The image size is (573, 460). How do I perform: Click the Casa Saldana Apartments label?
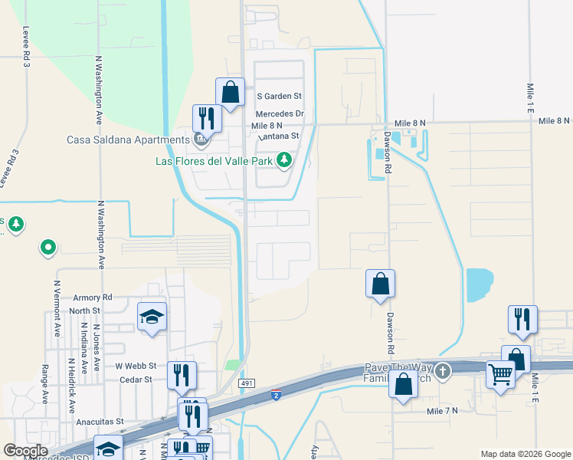128,140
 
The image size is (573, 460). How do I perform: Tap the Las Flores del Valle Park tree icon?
284,160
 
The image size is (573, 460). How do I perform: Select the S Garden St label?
280,97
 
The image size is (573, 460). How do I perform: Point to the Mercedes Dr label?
280,113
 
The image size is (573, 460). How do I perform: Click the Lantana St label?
278,136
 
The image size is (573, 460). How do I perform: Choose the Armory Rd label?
93,297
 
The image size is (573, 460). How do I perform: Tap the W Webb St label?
136,366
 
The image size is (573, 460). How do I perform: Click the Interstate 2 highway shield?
276,395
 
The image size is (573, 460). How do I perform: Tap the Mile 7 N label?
442,412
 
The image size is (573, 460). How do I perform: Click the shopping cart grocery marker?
500,374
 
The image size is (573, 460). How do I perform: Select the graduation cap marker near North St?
152,315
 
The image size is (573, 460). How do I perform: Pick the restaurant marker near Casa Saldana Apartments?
206,117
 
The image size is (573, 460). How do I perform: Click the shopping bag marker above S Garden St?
230,92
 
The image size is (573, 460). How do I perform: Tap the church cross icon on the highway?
443,372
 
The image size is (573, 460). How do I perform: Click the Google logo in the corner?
25,451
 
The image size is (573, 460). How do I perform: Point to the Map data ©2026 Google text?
525,454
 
